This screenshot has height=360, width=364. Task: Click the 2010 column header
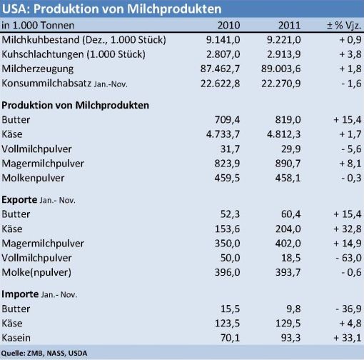pos(228,25)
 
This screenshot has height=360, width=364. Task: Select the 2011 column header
pos(289,25)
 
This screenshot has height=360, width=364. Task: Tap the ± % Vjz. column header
pos(344,25)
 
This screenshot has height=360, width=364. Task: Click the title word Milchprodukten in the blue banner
pos(174,9)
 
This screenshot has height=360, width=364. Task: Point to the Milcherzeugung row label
pos(38,69)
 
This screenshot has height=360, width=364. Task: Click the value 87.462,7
pos(220,69)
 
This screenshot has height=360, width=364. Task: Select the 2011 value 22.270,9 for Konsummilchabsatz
pos(281,84)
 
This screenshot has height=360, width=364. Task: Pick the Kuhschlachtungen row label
pos(74,54)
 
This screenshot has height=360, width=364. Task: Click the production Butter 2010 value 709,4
pos(227,119)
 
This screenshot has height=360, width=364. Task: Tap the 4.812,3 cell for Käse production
pos(284,134)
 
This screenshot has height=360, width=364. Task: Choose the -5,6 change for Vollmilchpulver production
pos(351,149)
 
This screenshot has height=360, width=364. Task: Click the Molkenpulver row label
pos(33,178)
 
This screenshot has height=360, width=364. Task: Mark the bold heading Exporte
pos(19,199)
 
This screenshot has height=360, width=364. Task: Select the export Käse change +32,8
pos(348,229)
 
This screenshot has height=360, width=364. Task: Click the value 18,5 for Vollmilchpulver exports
pos(291,258)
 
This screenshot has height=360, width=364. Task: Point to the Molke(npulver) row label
pos(36,272)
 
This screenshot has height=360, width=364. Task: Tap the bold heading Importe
pos(20,294)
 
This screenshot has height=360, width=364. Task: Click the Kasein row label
pos(16,338)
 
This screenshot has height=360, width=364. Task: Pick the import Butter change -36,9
pos(348,309)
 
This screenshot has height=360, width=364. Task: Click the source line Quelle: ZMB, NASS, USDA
pos(44,353)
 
